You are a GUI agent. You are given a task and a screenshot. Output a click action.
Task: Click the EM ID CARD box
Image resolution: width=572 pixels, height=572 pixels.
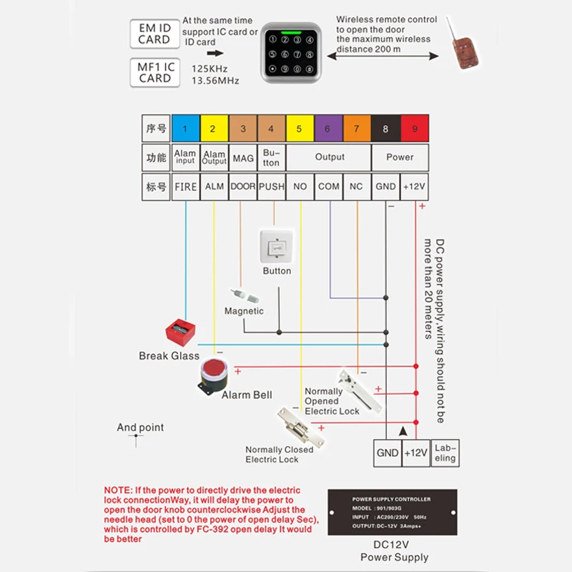(154, 34)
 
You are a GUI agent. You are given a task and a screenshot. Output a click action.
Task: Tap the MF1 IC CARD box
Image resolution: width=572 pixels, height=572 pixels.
(154, 73)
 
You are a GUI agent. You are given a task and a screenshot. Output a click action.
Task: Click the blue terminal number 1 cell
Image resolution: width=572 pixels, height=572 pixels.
(185, 129)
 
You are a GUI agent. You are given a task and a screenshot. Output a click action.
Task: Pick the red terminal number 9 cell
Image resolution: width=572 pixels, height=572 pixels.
(414, 129)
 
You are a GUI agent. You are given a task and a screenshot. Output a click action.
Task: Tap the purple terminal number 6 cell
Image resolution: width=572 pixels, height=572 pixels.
(328, 129)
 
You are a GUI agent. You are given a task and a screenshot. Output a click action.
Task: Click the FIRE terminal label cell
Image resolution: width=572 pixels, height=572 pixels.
(185, 186)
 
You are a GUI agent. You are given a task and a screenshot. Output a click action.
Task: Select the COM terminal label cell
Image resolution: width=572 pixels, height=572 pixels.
(328, 186)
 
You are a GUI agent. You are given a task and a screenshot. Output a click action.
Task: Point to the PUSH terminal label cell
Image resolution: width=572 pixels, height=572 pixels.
(271, 186)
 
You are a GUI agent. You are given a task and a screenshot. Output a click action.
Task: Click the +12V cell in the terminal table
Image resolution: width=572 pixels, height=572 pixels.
(414, 186)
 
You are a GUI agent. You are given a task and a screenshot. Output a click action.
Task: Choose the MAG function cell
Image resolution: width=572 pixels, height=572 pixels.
(243, 157)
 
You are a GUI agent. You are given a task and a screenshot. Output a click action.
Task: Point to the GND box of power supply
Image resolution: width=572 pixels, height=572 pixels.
(387, 453)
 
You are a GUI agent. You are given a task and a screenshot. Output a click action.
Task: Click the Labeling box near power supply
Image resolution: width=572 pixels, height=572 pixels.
(445, 453)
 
